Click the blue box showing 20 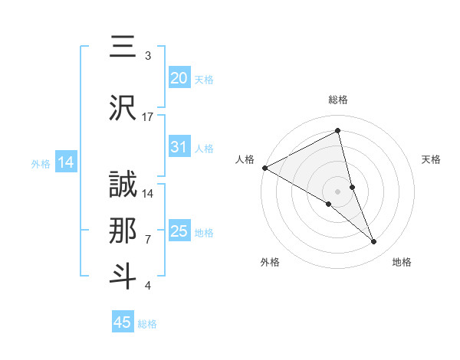(179, 77)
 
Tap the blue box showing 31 (179, 147)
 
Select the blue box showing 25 (179, 231)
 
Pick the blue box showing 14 (65, 162)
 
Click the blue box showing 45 (123, 322)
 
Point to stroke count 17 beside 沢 (148, 117)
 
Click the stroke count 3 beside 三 (148, 56)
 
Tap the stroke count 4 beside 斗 (148, 286)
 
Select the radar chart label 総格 (338, 100)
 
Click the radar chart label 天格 (432, 159)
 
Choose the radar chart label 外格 (270, 262)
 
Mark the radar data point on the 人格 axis (264, 167)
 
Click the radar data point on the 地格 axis (374, 242)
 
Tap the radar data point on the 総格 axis (338, 132)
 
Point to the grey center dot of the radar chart (338, 191)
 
